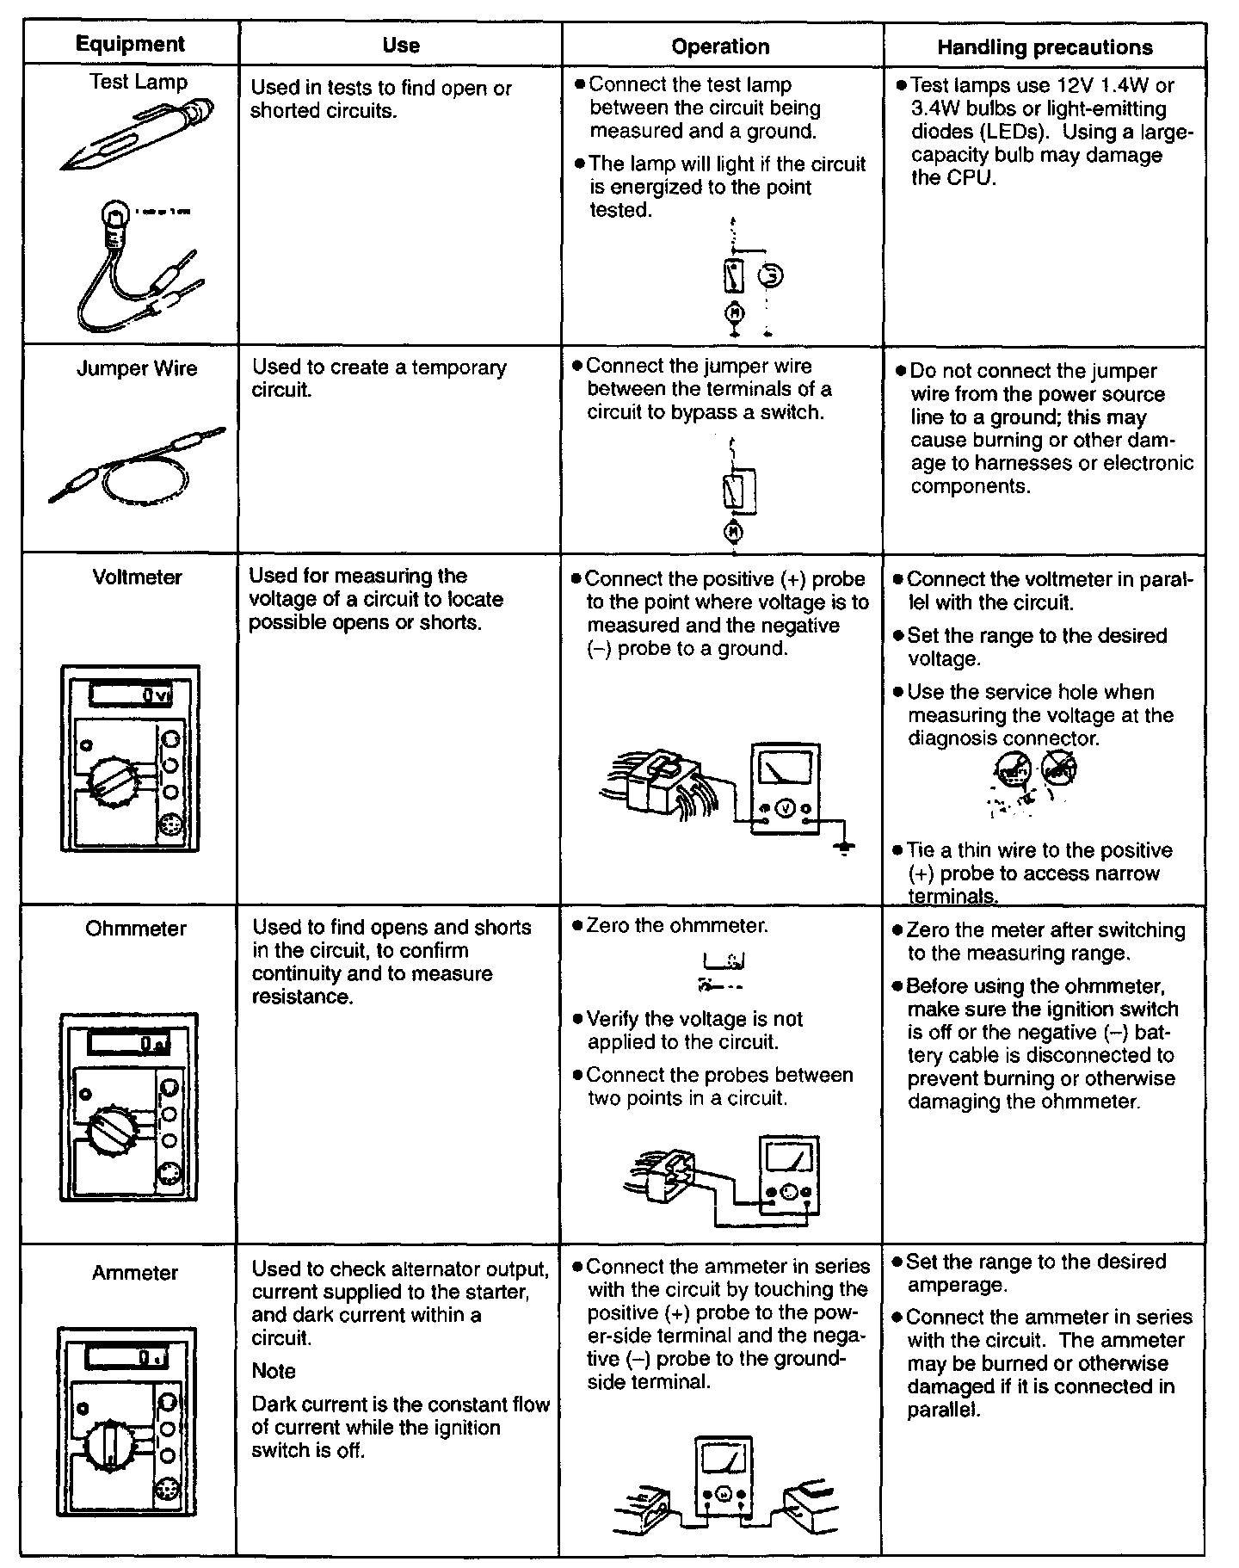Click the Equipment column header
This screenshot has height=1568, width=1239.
[x=130, y=44]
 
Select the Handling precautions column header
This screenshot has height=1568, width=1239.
[x=1045, y=47]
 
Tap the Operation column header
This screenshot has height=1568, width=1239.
[x=720, y=47]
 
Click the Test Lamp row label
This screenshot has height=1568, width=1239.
[x=138, y=83]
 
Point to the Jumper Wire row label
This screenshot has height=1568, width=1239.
[x=137, y=369]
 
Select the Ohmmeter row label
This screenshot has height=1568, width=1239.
[x=136, y=929]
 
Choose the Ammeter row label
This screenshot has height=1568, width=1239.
[x=135, y=1273]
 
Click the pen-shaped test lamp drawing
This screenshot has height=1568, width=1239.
[x=138, y=133]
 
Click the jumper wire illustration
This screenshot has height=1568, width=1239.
[x=138, y=465]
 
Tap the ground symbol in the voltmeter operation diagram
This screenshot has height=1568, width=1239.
[x=846, y=849]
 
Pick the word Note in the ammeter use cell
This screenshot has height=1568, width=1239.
[x=274, y=1371]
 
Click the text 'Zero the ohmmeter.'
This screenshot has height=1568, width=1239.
[x=677, y=926]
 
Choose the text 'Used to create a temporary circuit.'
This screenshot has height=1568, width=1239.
[x=379, y=379]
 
